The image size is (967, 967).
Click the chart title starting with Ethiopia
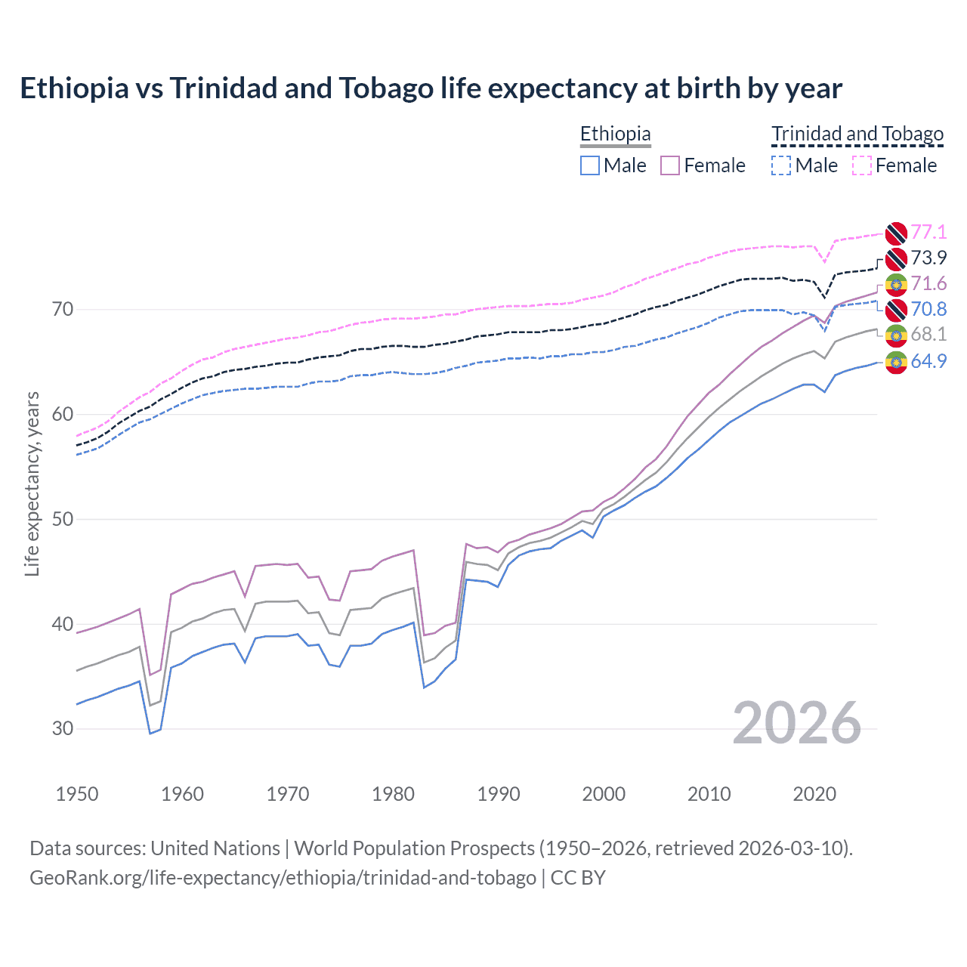pyautogui.click(x=431, y=88)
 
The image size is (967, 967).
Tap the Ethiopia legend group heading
pyautogui.click(x=615, y=134)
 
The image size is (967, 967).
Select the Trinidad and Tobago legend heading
pyautogui.click(x=857, y=134)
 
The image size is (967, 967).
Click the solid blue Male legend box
pyautogui.click(x=590, y=165)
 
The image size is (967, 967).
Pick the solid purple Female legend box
pyautogui.click(x=670, y=165)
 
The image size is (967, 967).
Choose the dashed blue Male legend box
pyautogui.click(x=781, y=165)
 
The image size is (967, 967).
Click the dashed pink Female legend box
pyautogui.click(x=862, y=165)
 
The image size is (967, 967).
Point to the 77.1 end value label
pyautogui.click(x=928, y=232)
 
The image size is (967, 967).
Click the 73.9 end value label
pyautogui.click(x=928, y=258)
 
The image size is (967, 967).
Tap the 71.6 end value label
pyautogui.click(x=928, y=283)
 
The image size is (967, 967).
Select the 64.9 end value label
pyautogui.click(x=928, y=361)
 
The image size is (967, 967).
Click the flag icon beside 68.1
pyautogui.click(x=896, y=335)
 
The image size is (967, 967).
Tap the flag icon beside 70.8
pyautogui.click(x=896, y=309)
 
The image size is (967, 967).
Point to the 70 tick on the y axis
pyautogui.click(x=63, y=309)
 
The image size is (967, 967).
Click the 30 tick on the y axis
pyautogui.click(x=63, y=729)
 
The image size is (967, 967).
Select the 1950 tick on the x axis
pyautogui.click(x=77, y=794)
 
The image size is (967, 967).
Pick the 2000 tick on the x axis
pyautogui.click(x=604, y=794)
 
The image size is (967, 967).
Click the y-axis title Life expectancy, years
pyautogui.click(x=32, y=483)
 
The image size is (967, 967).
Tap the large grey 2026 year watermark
pyautogui.click(x=797, y=723)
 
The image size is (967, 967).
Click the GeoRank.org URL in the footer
pyautogui.click(x=283, y=878)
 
